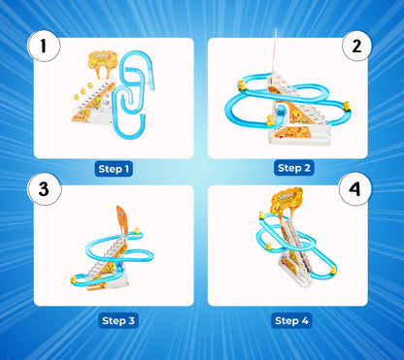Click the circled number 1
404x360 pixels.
point(44,46)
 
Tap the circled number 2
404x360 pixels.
point(356,46)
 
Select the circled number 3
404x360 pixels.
point(45,189)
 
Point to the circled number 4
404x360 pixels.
point(355,189)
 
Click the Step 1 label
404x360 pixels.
point(114,169)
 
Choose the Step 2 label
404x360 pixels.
point(294,168)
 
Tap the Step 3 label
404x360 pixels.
point(118,320)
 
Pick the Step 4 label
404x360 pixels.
point(291,320)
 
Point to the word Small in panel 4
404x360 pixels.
point(286,196)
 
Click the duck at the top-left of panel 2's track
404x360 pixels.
point(242,84)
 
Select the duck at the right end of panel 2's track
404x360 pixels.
point(347,106)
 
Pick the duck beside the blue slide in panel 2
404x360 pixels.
point(270,120)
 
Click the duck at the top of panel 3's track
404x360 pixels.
point(137,230)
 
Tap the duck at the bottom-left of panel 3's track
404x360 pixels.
point(74,279)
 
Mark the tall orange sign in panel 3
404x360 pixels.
point(122,219)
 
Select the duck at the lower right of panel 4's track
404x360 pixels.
point(333,271)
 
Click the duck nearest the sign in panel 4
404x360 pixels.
point(262,215)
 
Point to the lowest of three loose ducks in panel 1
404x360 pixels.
point(77,97)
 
